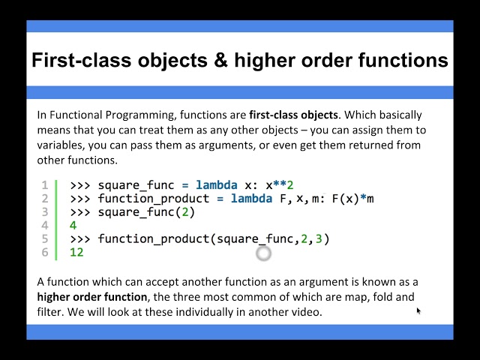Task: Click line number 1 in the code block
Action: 44,185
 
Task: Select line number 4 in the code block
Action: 44,226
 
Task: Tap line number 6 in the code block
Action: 44,253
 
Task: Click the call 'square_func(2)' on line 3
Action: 146,212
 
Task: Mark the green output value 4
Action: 73,226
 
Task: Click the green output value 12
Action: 76,253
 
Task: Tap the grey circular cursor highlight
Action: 263,253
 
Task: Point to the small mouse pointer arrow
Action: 418,310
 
